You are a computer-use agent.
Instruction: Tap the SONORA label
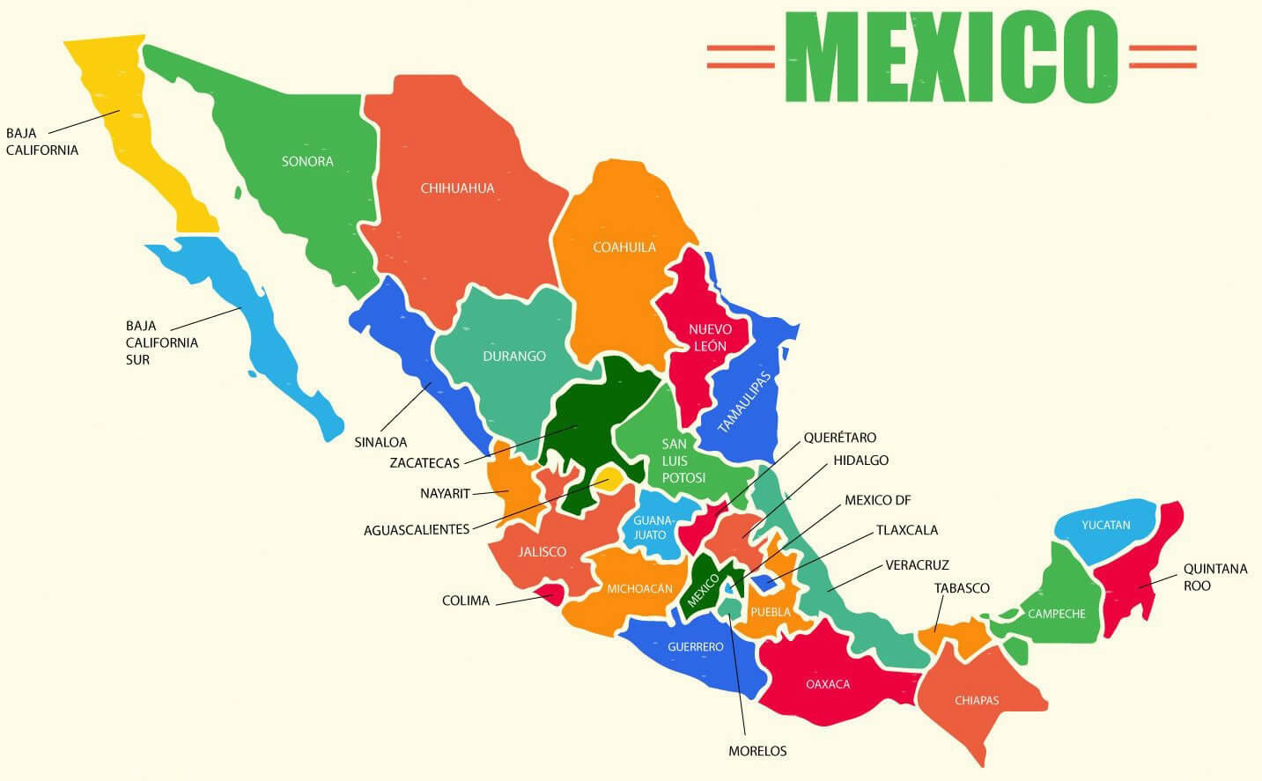pyautogui.click(x=307, y=161)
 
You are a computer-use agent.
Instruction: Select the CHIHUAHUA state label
pyautogui.click(x=457, y=188)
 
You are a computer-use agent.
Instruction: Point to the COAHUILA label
pyautogui.click(x=624, y=247)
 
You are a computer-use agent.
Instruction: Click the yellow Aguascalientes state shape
pyautogui.click(x=608, y=480)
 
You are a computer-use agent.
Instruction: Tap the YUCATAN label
pyautogui.click(x=1105, y=525)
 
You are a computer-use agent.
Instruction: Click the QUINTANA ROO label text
pyautogui.click(x=1214, y=577)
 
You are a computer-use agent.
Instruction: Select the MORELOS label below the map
pyautogui.click(x=757, y=751)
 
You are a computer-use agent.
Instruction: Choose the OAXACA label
pyautogui.click(x=827, y=684)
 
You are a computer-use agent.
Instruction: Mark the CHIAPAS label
pyautogui.click(x=977, y=700)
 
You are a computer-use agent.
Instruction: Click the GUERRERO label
pyautogui.click(x=695, y=647)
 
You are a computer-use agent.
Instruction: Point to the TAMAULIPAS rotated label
pyautogui.click(x=743, y=402)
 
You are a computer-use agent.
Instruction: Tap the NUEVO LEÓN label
pyautogui.click(x=710, y=337)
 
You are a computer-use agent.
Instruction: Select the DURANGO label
pyautogui.click(x=514, y=357)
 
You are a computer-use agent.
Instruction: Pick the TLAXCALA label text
pyautogui.click(x=906, y=530)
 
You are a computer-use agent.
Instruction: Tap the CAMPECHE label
pyautogui.click(x=1056, y=614)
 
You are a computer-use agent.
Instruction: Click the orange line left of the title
pyautogui.click(x=741, y=55)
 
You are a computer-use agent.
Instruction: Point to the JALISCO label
pyautogui.click(x=542, y=552)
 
